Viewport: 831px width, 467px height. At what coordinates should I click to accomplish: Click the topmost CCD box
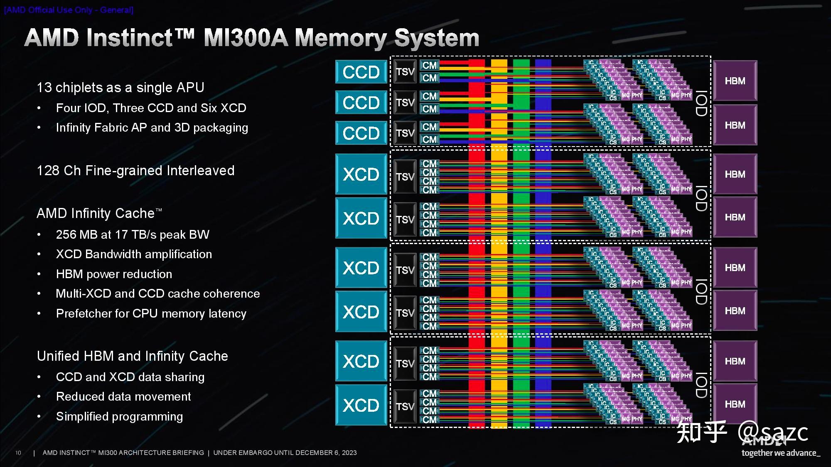pos(361,72)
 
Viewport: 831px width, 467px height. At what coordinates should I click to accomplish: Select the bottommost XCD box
pos(361,405)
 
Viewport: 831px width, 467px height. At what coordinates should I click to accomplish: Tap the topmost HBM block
pos(735,81)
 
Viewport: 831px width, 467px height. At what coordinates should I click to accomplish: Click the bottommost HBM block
pos(735,403)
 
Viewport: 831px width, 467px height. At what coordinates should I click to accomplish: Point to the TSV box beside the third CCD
pos(405,133)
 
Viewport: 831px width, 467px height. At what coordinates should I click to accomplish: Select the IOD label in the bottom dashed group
pos(701,385)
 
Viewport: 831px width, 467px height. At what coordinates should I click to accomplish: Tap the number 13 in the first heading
pos(44,88)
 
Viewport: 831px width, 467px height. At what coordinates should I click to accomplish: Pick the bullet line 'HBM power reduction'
pos(114,274)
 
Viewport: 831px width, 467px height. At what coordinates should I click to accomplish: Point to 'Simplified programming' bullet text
pos(119,416)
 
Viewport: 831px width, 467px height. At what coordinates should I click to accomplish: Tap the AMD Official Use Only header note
pos(69,10)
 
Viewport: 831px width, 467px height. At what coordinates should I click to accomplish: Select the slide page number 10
pos(18,453)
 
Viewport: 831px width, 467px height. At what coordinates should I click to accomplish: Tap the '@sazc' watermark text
pos(773,433)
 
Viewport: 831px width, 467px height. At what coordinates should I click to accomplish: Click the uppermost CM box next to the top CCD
pos(430,65)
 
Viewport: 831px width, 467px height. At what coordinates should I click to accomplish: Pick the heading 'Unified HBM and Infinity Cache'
pos(132,356)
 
